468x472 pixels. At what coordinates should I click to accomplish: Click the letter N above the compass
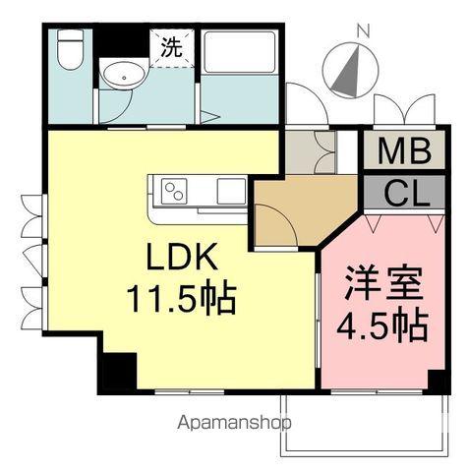[362, 30]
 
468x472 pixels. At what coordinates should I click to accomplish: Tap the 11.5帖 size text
[181, 298]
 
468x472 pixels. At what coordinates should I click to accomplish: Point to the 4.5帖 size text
[384, 324]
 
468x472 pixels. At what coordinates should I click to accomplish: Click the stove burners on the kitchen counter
[174, 189]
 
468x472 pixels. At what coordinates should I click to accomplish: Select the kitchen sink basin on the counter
[231, 189]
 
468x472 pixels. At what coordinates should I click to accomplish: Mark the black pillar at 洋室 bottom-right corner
[439, 383]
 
